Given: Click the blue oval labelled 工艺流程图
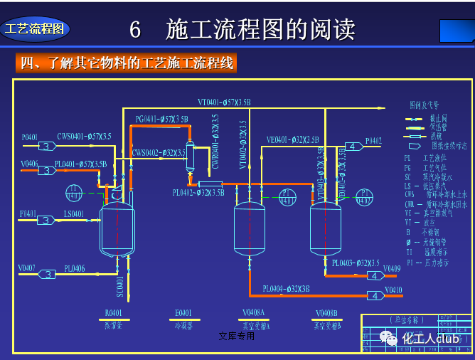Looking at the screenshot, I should pos(35,29).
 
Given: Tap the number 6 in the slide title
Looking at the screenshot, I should pos(135,30).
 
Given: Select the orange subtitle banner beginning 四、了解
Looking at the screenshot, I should pos(126,63).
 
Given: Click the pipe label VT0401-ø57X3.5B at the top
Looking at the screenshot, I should pos(224,102).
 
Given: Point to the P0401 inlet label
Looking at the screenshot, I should pos(29,137).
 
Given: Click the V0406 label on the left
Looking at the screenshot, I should pos(29,164).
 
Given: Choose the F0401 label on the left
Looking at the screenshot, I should pos(28,213).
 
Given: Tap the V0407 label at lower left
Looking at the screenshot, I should pos(28,268).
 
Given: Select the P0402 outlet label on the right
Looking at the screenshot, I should pos(373,140).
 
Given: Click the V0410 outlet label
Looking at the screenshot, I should pos(393,290).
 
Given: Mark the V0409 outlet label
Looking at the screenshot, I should pos(392,269).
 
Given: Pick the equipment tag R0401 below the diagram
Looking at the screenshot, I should pos(113,313).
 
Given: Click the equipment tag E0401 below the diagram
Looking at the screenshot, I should pos(183,313).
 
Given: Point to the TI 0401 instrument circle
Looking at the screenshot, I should pos(74,192).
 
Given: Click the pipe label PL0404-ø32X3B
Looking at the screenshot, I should pos(286,289).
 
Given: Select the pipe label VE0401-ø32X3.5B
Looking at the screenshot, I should pos(293,139).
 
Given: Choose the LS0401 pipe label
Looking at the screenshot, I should pos(74,213).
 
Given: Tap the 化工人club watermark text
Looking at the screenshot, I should pos(433,338).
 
